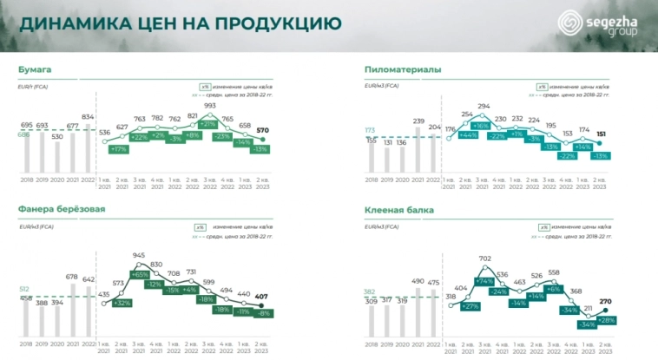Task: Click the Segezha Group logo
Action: [x=600, y=23]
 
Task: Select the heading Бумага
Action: [x=35, y=69]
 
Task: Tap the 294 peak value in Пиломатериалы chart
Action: [x=484, y=106]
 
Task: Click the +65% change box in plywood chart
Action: [x=138, y=274]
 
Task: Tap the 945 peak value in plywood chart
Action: [x=138, y=255]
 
